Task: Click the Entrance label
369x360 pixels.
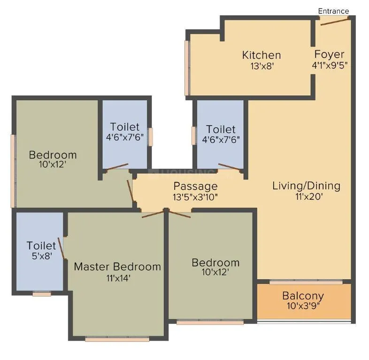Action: click(x=333, y=11)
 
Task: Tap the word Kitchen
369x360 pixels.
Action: click(x=261, y=55)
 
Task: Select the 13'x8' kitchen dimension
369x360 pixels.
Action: click(x=261, y=66)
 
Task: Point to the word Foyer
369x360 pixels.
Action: click(x=329, y=54)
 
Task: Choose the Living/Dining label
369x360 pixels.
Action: click(x=306, y=186)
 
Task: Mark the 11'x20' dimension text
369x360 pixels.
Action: click(x=306, y=197)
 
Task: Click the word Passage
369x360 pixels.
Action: click(x=195, y=186)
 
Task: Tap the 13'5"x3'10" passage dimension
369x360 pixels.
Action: click(x=195, y=197)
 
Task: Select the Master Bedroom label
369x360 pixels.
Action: click(x=117, y=266)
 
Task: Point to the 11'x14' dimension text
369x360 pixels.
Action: click(x=117, y=278)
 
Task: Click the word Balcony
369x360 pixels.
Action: click(x=303, y=296)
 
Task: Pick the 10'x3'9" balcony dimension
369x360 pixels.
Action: click(x=303, y=306)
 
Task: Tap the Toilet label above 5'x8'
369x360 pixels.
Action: click(x=41, y=245)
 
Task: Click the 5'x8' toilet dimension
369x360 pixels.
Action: click(x=41, y=257)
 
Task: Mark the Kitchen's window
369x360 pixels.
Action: click(x=187, y=68)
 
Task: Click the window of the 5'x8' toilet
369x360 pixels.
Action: click(x=42, y=294)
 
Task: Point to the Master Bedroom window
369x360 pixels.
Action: click(x=117, y=338)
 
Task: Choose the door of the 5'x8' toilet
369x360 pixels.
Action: click(x=61, y=245)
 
